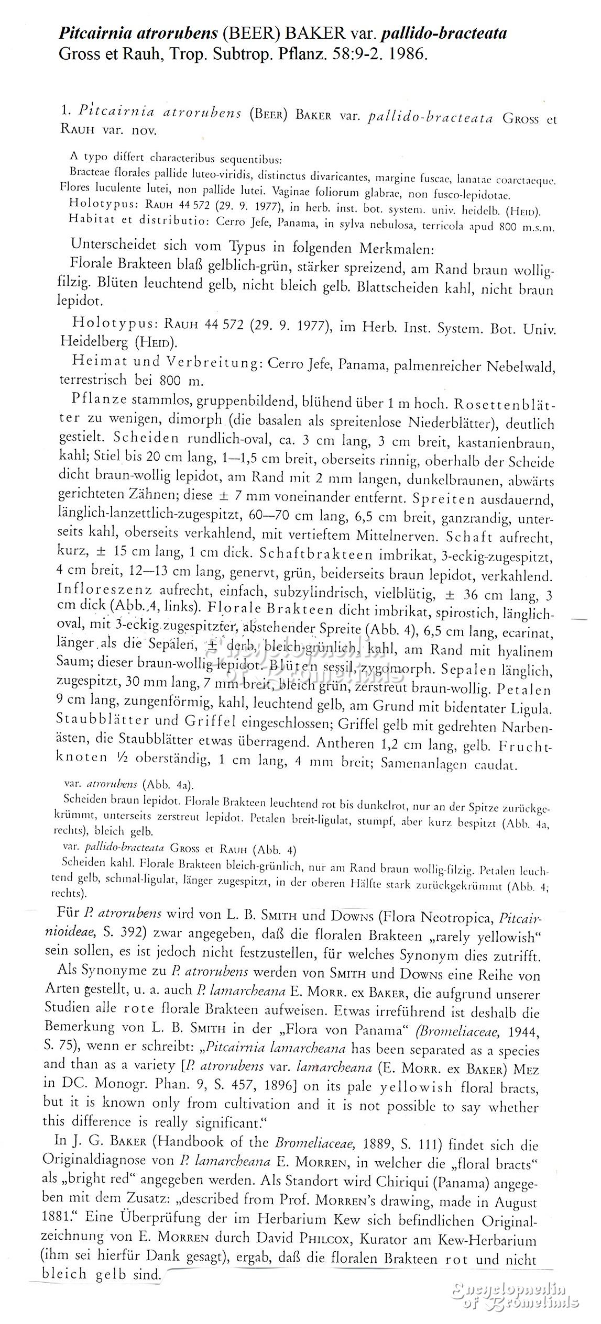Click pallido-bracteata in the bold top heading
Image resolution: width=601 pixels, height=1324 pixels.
point(444,34)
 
